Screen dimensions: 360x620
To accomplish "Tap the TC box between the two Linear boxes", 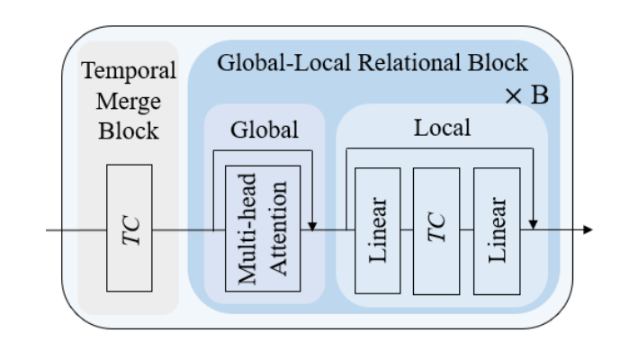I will (x=436, y=230).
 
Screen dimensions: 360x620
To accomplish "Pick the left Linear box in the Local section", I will (x=378, y=230).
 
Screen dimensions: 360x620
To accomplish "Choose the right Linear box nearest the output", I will (x=498, y=230).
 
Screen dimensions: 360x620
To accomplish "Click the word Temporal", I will (x=129, y=71).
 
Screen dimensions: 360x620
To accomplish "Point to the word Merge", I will (x=129, y=101).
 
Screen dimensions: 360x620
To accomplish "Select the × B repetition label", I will (x=526, y=96).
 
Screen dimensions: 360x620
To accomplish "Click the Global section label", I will (x=265, y=129).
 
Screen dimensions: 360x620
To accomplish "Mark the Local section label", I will (x=442, y=128).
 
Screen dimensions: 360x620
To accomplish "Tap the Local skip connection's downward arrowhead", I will (x=535, y=224).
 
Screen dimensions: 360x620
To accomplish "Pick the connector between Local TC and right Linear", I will (x=466, y=230).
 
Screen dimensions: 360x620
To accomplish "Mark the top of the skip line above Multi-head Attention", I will (x=261, y=151).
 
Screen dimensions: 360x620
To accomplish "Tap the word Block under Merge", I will (x=129, y=130).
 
